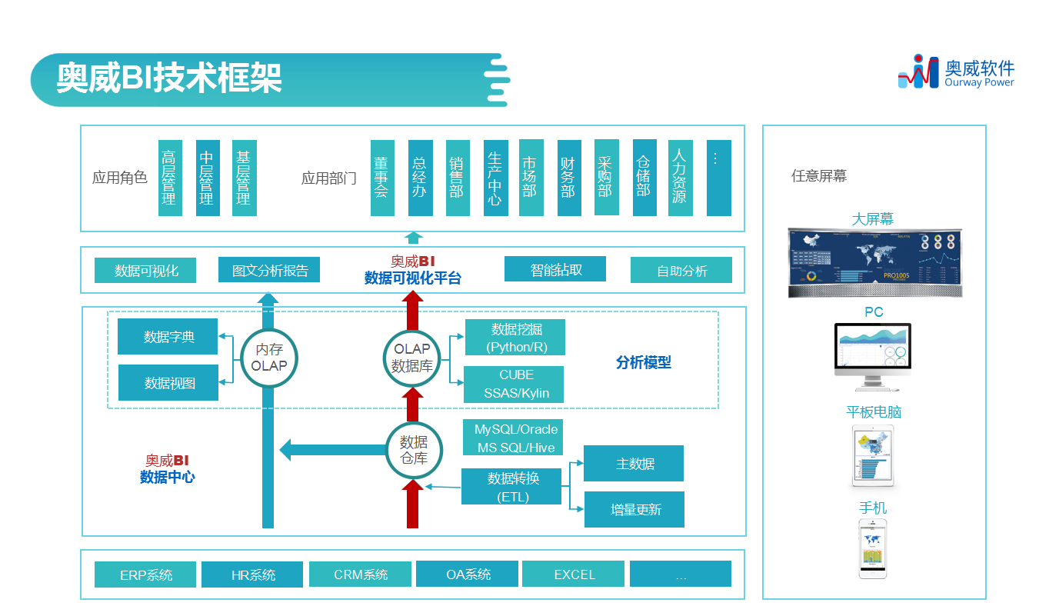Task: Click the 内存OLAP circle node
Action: [268, 358]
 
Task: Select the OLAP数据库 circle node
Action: [412, 358]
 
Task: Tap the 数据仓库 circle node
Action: [413, 450]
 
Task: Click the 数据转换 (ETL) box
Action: [513, 487]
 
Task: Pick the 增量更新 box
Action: [634, 509]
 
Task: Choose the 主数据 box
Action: [634, 464]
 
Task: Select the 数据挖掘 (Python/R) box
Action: [514, 338]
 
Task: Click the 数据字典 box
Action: [168, 337]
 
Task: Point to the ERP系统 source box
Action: [146, 574]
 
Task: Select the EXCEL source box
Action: [574, 574]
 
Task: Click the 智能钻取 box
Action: [555, 270]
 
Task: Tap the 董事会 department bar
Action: [381, 178]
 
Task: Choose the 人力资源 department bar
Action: [680, 178]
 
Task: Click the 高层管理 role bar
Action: [169, 178]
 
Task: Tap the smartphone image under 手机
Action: [872, 548]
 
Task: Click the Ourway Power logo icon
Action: [918, 71]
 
